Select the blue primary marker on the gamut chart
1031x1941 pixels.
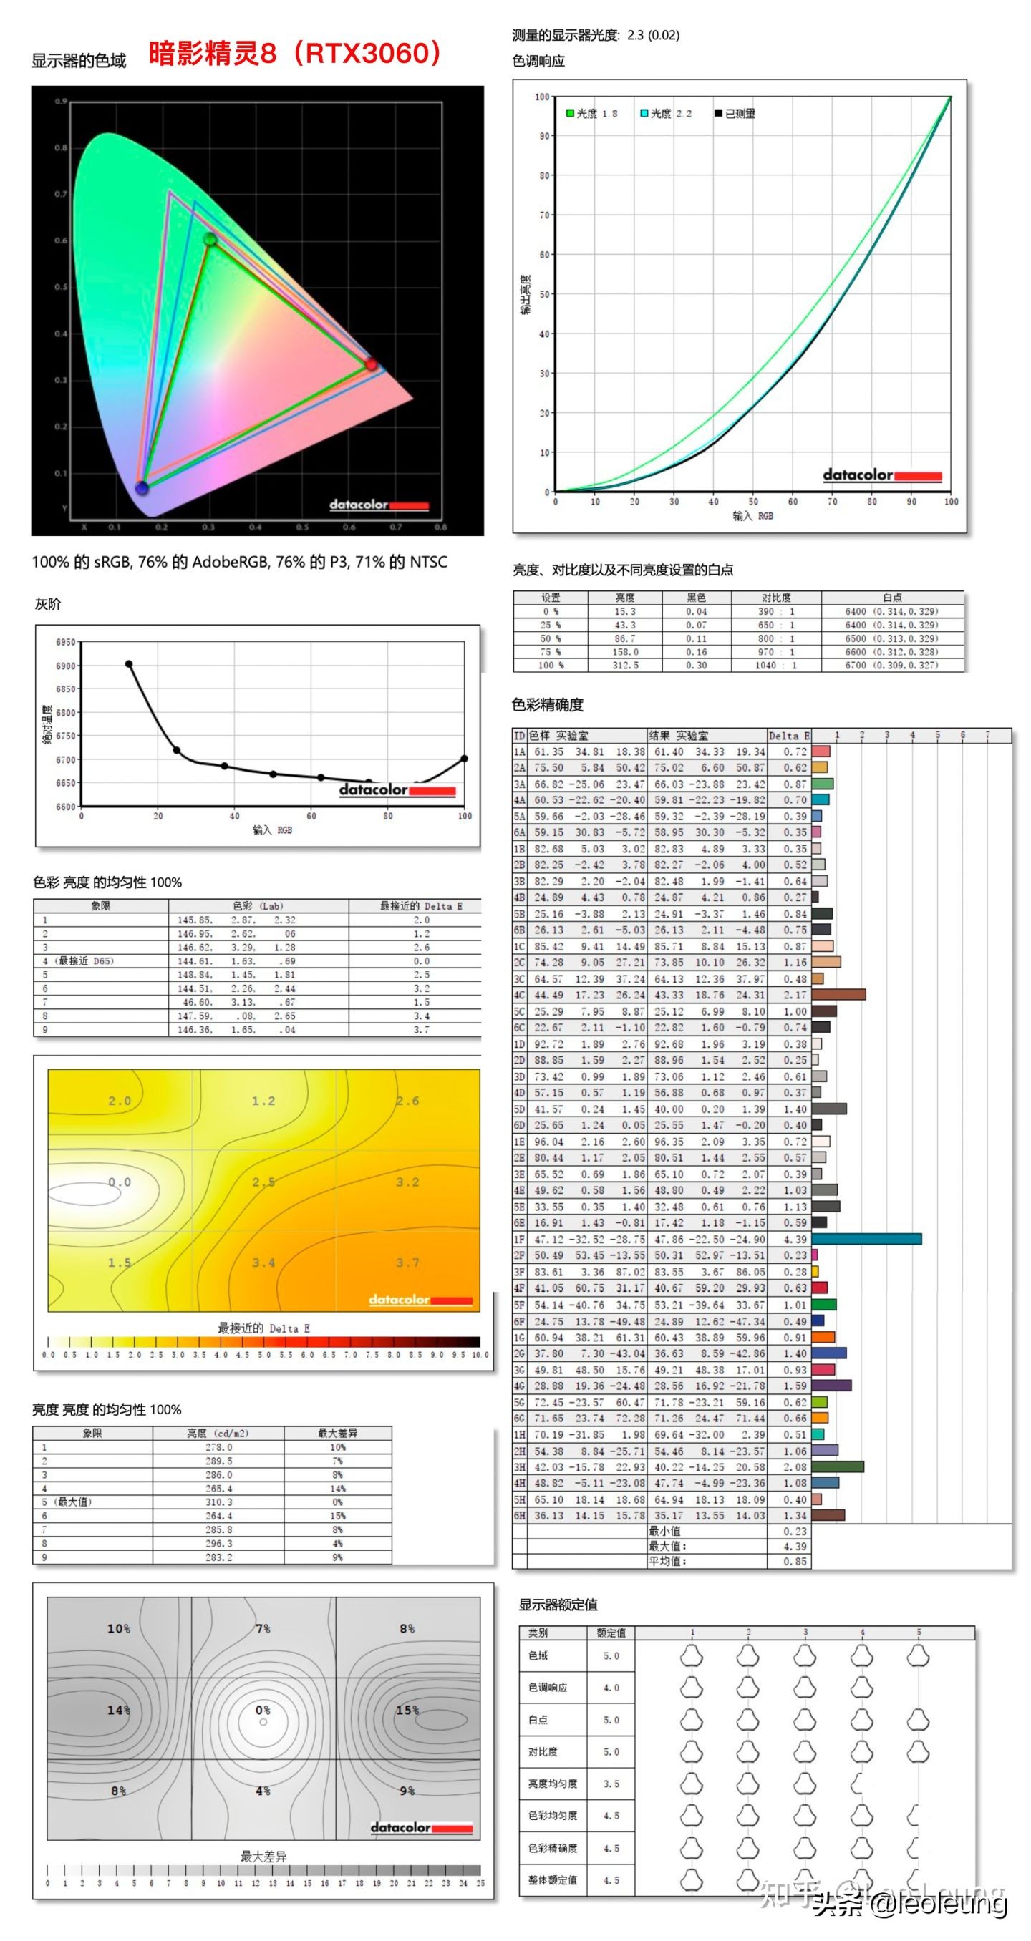(142, 487)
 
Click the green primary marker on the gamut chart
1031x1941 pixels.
(210, 240)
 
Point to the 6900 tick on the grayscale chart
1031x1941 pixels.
(66, 666)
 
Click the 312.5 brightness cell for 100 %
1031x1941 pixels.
(625, 666)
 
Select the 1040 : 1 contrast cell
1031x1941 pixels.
(776, 666)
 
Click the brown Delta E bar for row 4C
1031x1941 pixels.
(838, 995)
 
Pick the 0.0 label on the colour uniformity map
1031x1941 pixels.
(119, 1182)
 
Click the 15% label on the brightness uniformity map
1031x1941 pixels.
(407, 1711)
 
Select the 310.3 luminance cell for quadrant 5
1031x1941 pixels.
(218, 1502)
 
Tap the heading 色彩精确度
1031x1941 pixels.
(547, 704)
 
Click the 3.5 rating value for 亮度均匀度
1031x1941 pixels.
(611, 1784)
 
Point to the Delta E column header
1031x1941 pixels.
(788, 736)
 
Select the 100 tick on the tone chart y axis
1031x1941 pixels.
(542, 97)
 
